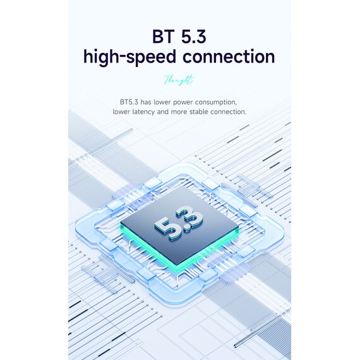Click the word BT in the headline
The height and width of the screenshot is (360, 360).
163,36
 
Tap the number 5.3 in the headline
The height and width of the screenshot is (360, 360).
193,36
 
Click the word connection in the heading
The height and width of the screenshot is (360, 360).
229,57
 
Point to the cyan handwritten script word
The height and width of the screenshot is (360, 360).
179,80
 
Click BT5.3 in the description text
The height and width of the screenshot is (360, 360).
129,102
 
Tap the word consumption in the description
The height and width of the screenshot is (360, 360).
216,102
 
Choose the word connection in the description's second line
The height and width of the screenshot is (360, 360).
228,112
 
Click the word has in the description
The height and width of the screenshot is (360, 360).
146,102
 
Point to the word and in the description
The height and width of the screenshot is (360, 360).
163,112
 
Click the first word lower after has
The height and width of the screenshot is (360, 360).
162,102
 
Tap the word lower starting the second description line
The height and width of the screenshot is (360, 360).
121,112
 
